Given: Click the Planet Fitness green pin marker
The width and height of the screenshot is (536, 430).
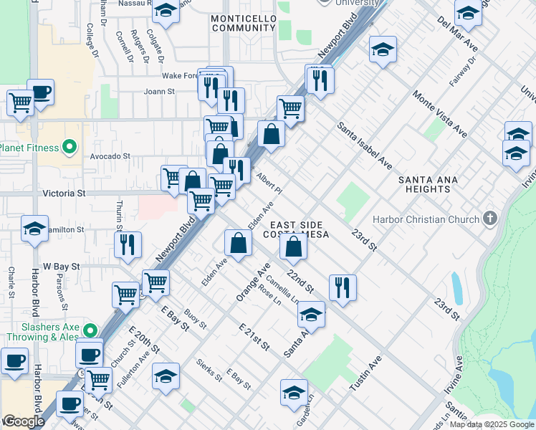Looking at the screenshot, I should click(x=69, y=148).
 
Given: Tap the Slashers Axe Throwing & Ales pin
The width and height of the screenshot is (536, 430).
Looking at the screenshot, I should click(x=90, y=330).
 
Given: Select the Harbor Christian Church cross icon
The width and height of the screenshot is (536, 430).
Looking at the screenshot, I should click(x=490, y=218).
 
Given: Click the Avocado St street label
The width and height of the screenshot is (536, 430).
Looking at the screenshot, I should click(x=109, y=155).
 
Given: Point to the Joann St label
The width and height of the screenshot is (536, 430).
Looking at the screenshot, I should click(x=159, y=92).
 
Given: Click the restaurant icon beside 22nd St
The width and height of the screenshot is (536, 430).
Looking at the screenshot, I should click(x=343, y=287).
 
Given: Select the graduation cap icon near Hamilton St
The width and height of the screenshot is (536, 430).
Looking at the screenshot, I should click(x=34, y=229).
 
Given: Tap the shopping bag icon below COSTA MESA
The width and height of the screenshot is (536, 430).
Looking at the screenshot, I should click(x=294, y=247).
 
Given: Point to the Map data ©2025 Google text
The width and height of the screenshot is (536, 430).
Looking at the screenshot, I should click(x=492, y=424).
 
